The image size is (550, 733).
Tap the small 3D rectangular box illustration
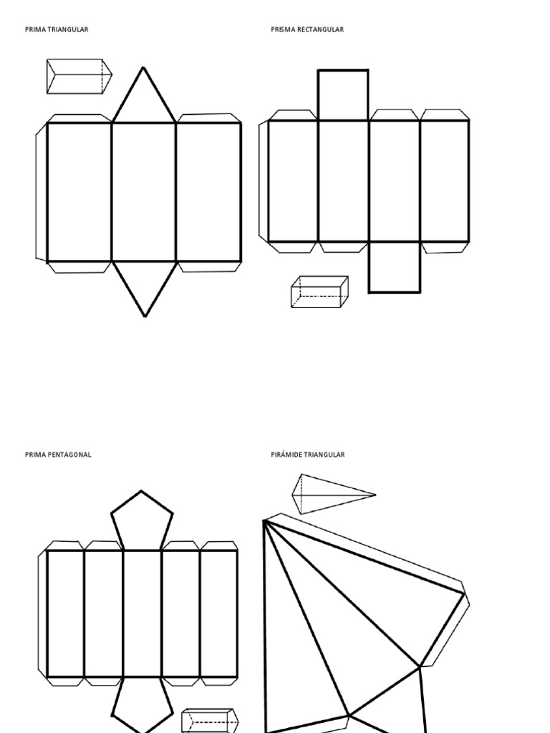[x=319, y=292]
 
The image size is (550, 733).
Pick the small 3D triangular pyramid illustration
[x=326, y=493]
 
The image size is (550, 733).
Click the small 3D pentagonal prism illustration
[x=208, y=721]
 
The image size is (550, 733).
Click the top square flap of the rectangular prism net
[x=343, y=95]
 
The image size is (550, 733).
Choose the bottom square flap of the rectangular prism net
[x=395, y=267]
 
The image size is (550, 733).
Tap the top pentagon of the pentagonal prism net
[x=142, y=519]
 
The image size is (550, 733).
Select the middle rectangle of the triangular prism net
[x=144, y=192]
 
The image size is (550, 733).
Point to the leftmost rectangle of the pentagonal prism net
[x=65, y=613]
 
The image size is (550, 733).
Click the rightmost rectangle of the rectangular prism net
[x=445, y=181]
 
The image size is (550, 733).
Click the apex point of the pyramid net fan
[x=265, y=521]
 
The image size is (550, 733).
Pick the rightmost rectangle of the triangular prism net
[x=208, y=192]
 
